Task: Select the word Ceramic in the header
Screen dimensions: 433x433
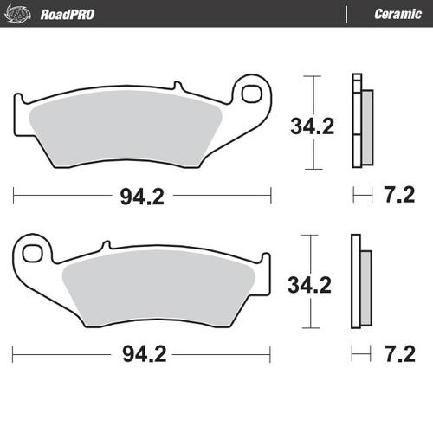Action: coord(397,14)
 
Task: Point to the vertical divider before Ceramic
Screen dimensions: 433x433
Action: coord(346,14)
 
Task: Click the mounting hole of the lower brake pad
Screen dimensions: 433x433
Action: coord(33,253)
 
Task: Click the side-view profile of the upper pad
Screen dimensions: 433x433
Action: coord(361,121)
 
